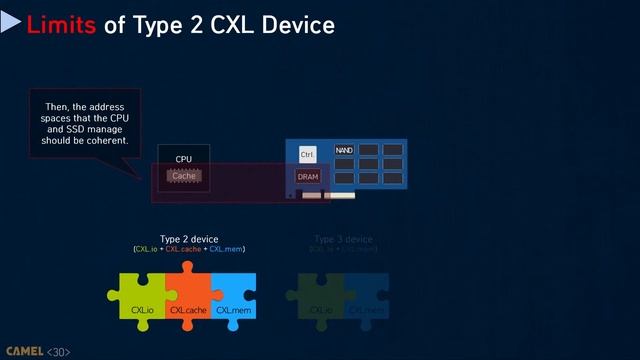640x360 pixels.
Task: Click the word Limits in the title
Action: click(x=62, y=24)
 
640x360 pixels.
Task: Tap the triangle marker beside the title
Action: click(x=11, y=23)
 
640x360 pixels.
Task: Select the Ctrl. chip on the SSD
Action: click(x=308, y=155)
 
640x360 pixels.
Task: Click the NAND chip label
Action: click(x=344, y=151)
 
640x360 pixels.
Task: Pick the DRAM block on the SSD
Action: click(x=308, y=177)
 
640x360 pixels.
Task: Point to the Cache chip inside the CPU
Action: click(x=183, y=176)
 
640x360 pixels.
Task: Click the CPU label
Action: click(x=183, y=159)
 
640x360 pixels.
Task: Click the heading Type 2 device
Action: click(x=189, y=239)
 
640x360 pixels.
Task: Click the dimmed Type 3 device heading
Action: click(x=343, y=239)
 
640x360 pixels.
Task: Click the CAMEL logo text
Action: click(x=22, y=352)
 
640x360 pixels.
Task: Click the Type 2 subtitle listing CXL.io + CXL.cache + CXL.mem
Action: click(x=189, y=249)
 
